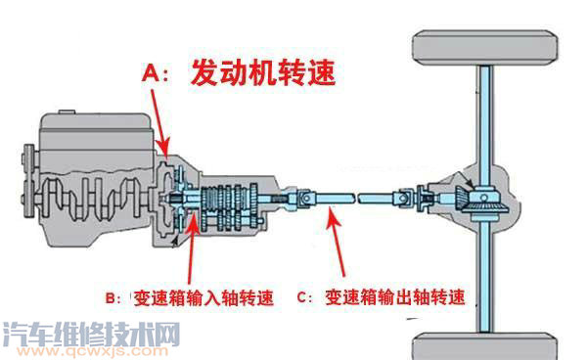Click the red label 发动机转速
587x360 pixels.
tap(263, 72)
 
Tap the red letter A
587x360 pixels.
tap(151, 72)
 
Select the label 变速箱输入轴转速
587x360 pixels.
tap(203, 298)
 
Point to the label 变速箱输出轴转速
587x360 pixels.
tap(395, 297)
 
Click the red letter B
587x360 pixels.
tap(112, 298)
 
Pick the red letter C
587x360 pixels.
tap(302, 297)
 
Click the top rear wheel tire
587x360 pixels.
tap(485, 48)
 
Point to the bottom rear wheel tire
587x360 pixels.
tap(485, 347)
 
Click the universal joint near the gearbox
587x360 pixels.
tap(306, 198)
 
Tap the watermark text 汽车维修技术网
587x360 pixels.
tap(91, 334)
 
